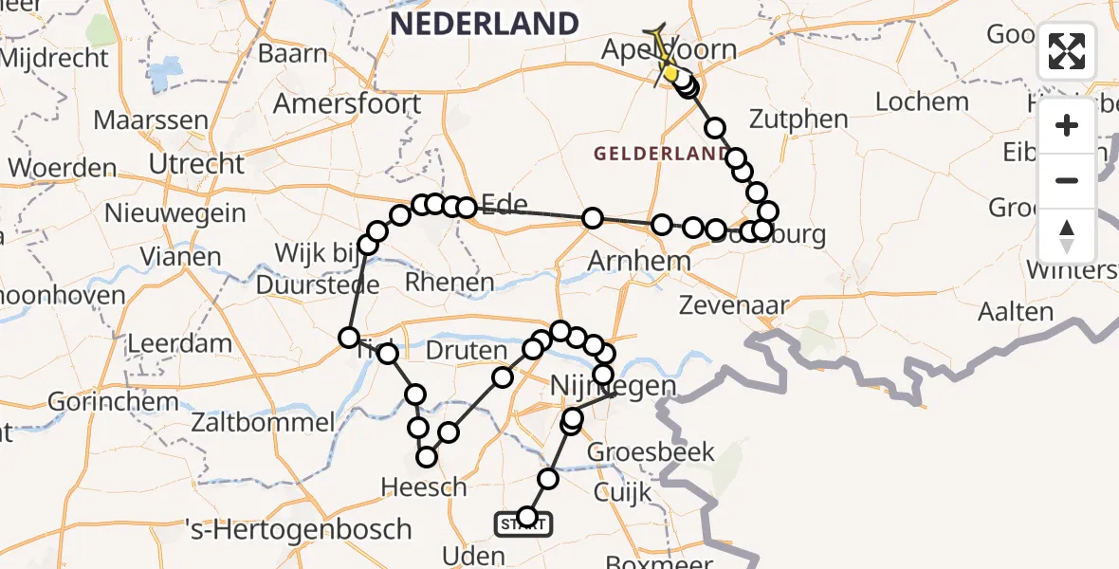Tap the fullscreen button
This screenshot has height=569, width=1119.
coord(1067,51)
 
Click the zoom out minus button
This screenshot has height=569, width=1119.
coord(1067,180)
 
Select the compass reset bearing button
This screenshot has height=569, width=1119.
coord(1067,236)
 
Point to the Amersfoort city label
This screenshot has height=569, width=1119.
coord(347,102)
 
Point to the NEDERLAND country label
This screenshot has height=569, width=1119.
coord(485,24)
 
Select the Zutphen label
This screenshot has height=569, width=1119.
coord(798,119)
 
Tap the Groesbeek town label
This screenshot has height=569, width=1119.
coord(651,452)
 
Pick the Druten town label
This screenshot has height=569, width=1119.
coord(468,351)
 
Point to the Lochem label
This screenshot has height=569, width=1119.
coord(922,101)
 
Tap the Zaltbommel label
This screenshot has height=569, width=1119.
coord(264,423)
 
